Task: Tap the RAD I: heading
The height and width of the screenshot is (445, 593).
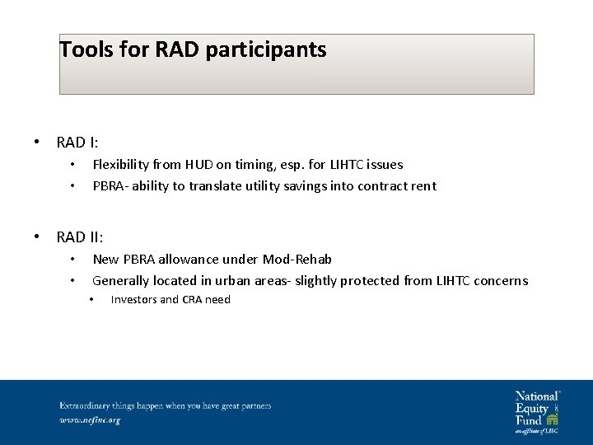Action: coord(77,143)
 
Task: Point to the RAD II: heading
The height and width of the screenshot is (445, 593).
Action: coord(80,237)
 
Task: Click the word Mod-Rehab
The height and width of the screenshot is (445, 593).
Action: coord(297,260)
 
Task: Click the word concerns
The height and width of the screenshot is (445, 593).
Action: coord(500,281)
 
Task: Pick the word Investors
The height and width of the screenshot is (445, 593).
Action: coord(133,300)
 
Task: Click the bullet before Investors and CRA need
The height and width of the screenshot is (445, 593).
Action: coord(92,300)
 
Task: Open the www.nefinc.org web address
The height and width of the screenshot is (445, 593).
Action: coord(90,420)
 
